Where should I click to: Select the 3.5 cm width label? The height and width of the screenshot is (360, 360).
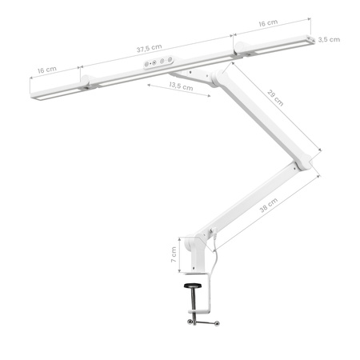329,38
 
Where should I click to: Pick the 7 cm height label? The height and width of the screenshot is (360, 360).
174,256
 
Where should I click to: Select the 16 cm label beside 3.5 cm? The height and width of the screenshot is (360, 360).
268,25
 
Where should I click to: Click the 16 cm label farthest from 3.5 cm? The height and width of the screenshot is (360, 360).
46,70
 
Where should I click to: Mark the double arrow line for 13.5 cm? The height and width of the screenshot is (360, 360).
181,92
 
